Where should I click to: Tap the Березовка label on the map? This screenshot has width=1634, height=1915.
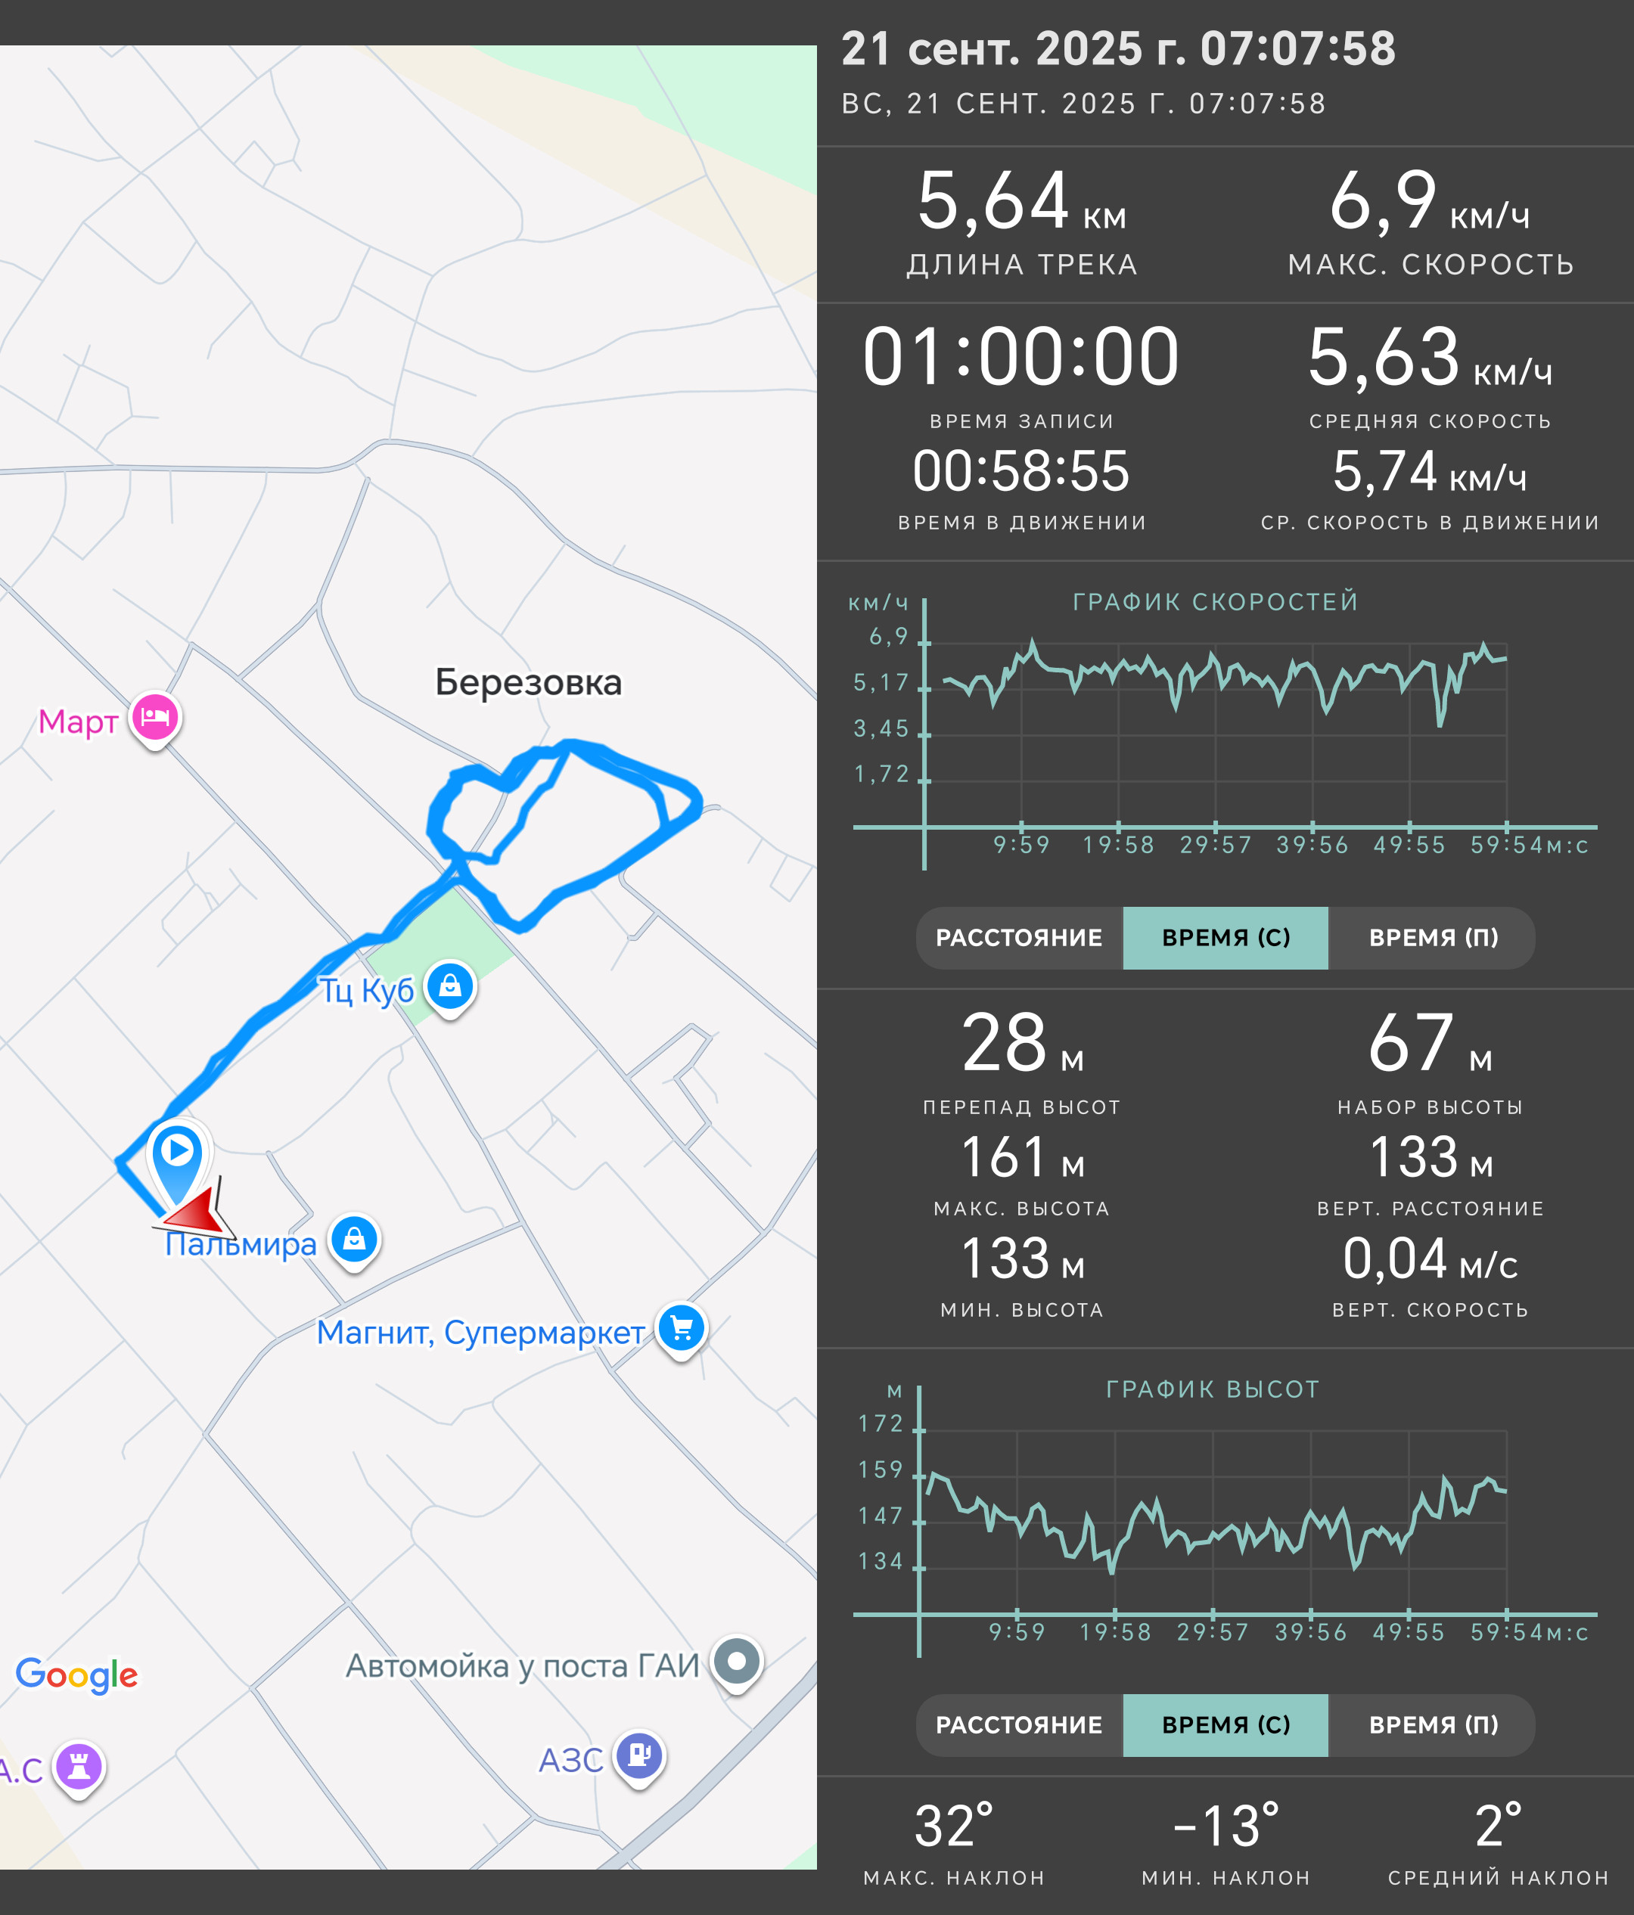[529, 682]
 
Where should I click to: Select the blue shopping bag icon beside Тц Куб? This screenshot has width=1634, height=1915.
[450, 987]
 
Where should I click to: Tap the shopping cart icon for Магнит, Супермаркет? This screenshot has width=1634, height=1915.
[682, 1329]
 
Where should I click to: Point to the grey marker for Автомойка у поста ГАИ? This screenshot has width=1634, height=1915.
[737, 1662]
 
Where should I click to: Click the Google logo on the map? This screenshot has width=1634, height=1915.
[76, 1674]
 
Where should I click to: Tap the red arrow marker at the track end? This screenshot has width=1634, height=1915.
[195, 1207]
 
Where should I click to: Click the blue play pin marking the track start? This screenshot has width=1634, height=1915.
[178, 1161]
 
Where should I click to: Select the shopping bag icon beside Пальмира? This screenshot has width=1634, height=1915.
[354, 1240]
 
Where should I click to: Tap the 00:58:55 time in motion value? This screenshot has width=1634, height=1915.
[1021, 471]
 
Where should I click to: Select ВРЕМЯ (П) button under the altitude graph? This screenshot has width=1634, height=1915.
[1433, 1724]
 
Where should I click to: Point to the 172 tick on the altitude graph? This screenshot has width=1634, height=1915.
[880, 1423]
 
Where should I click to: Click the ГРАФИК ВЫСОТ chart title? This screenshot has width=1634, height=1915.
[1213, 1389]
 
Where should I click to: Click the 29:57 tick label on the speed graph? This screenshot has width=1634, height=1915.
[1216, 845]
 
